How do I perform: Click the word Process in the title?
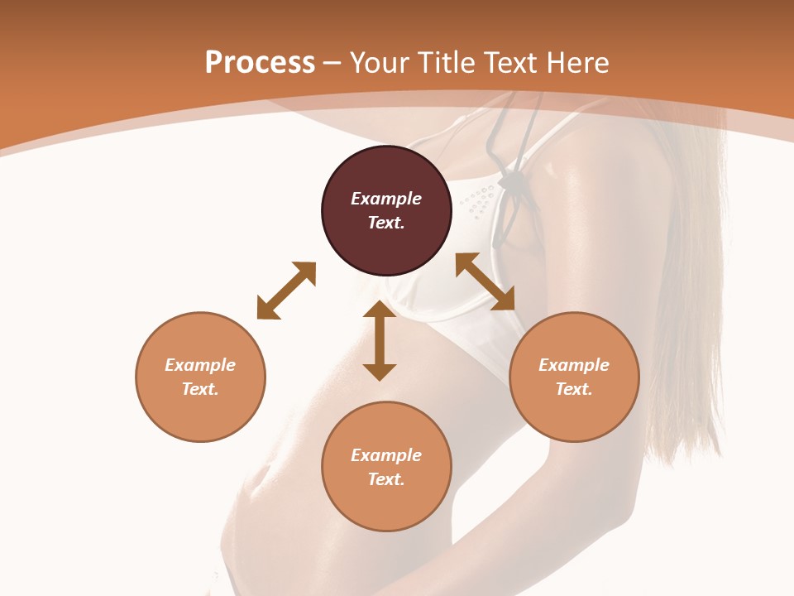(260, 63)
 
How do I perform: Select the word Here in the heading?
(578, 63)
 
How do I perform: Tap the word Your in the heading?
(380, 63)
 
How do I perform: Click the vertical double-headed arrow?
(380, 340)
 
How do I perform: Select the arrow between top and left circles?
(286, 291)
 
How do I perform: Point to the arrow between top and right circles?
(485, 281)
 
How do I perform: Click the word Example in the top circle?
(386, 199)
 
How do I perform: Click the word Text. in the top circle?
(386, 223)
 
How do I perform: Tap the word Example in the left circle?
(200, 365)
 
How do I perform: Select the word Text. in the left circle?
(200, 389)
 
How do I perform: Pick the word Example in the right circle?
(574, 365)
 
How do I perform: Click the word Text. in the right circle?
(574, 389)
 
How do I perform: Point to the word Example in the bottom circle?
(386, 455)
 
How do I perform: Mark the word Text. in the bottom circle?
(386, 479)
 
